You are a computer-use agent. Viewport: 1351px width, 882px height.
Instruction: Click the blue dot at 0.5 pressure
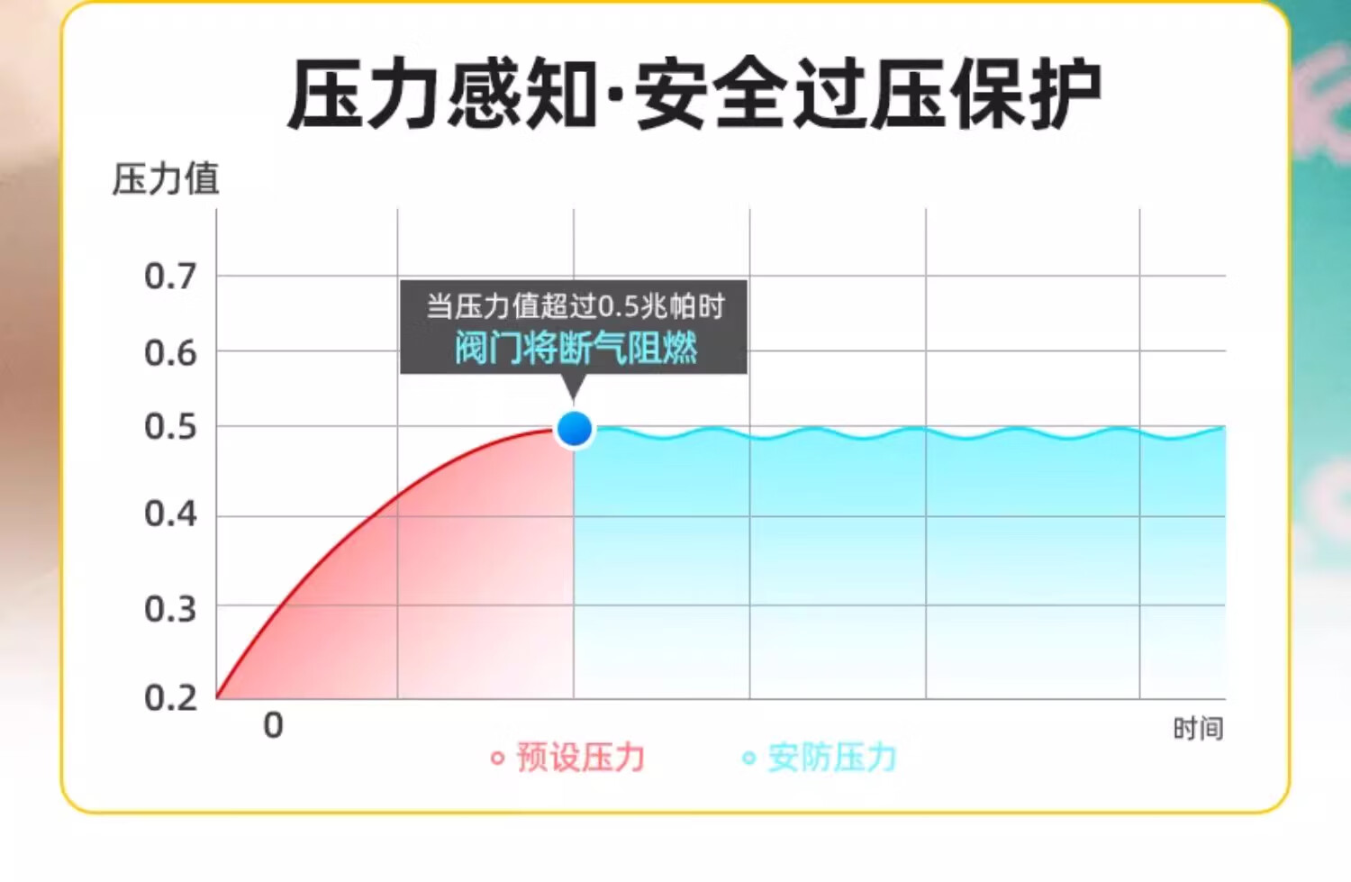coord(575,429)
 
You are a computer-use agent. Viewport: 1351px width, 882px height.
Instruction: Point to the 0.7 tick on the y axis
coord(171,277)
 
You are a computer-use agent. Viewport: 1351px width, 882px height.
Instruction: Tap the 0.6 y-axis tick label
coord(171,353)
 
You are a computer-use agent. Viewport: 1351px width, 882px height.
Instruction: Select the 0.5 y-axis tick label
coord(171,426)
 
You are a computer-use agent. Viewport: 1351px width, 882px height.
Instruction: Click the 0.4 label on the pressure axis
coord(171,514)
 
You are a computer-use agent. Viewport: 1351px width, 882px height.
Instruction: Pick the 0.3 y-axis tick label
coord(171,609)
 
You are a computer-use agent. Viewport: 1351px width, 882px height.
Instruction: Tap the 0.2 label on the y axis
coord(171,698)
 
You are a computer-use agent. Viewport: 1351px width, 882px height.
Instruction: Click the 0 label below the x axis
coord(273,725)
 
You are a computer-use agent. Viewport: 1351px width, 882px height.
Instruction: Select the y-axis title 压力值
coord(165,179)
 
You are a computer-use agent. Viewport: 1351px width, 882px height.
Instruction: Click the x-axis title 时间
coord(1199,729)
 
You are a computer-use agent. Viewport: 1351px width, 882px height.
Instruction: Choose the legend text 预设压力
coord(581,758)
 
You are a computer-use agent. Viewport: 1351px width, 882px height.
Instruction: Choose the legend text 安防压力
coord(832,758)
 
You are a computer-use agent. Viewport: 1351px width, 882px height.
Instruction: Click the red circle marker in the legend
coord(497,759)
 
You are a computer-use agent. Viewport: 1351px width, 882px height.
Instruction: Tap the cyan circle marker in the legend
coord(749,759)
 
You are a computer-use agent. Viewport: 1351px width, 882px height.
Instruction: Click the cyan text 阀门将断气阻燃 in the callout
coord(576,348)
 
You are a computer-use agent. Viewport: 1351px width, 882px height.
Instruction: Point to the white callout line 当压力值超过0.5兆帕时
coord(576,306)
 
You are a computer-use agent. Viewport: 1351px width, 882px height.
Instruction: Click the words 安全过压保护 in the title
coord(869,94)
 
